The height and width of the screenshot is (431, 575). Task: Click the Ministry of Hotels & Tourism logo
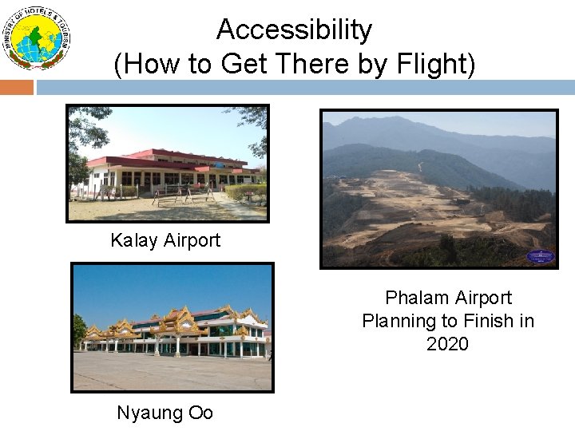[37, 38]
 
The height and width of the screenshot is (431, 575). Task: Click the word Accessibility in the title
[294, 30]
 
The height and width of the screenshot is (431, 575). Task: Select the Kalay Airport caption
[165, 240]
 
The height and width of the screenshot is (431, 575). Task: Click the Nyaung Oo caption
[165, 413]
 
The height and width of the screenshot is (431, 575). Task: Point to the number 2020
[447, 344]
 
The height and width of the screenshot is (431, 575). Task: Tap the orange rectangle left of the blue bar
[16, 87]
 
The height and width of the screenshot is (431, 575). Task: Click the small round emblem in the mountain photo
[540, 256]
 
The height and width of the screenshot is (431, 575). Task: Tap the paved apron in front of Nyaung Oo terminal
[172, 371]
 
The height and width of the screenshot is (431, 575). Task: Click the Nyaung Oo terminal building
[176, 331]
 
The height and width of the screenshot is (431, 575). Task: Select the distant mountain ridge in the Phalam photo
[439, 128]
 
